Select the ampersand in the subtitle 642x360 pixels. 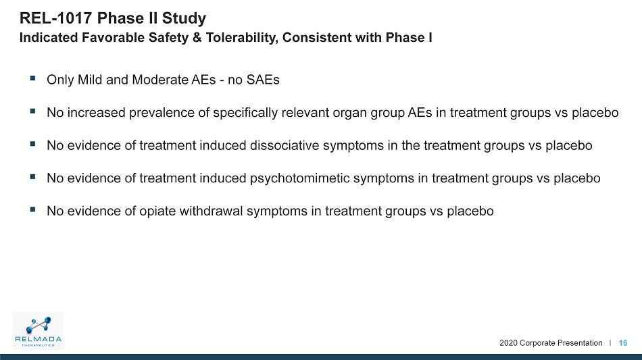(197, 38)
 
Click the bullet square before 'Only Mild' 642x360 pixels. (32, 78)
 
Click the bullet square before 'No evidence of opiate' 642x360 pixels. (32, 209)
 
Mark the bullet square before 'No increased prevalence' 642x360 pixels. (32, 111)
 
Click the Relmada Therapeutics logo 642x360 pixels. (38, 331)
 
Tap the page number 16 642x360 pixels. (623, 343)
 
